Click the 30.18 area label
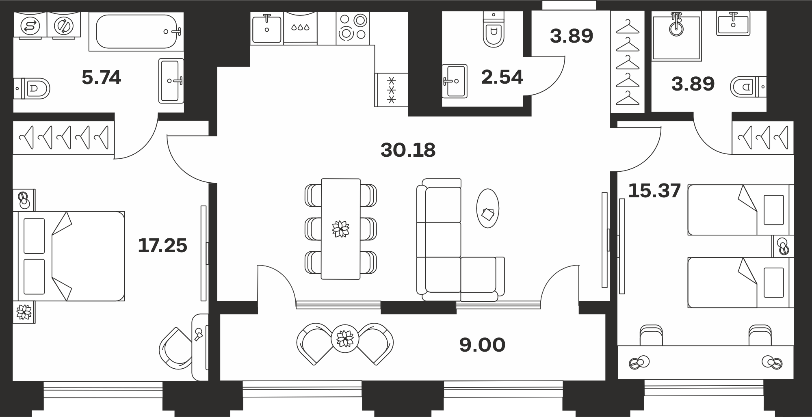(x=408, y=150)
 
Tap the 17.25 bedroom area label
(x=162, y=246)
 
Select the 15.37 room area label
(x=654, y=191)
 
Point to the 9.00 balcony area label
(x=482, y=345)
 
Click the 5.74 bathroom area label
(x=101, y=77)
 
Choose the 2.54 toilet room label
(x=502, y=77)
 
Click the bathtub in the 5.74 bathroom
(x=136, y=32)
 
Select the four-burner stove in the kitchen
(x=353, y=28)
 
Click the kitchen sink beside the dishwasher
(x=267, y=28)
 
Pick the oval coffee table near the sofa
(x=487, y=208)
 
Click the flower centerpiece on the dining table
(x=340, y=229)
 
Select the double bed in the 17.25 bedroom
(x=69, y=256)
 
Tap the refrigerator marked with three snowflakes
(x=391, y=90)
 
